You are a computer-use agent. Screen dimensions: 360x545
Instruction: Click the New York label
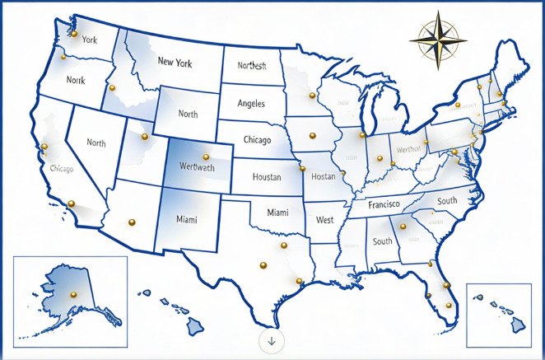[175, 62]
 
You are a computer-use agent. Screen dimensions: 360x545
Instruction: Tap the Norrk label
[76, 81]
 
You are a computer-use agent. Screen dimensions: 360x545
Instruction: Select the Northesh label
[252, 66]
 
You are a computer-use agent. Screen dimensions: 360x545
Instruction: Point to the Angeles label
[250, 104]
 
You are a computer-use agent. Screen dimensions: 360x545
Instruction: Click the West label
[324, 220]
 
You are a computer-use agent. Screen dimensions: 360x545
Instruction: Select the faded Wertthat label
[408, 149]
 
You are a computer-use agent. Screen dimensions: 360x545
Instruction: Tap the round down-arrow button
[272, 339]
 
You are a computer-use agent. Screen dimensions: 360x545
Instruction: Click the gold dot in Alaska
[72, 295]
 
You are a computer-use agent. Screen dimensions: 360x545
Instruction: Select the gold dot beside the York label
[74, 35]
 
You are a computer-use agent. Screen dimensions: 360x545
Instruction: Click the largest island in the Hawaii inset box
[518, 326]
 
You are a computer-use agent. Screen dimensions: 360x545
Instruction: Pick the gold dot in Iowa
[311, 135]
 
